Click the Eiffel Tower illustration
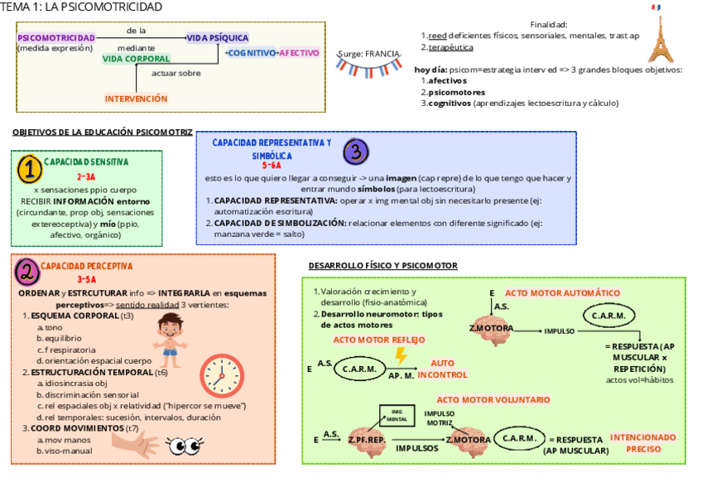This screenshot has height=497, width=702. pyautogui.click(x=659, y=37)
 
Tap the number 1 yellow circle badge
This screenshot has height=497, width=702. pyautogui.click(x=29, y=170)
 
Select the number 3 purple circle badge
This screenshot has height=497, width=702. pyautogui.click(x=355, y=151)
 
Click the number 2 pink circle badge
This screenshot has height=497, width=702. pyautogui.click(x=27, y=271)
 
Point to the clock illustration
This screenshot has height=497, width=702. pyautogui.click(x=222, y=374)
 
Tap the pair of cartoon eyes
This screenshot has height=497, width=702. pyautogui.click(x=185, y=447)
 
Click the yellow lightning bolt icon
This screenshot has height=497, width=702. pyautogui.click(x=401, y=356)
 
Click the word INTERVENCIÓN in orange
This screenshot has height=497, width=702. pyautogui.click(x=136, y=99)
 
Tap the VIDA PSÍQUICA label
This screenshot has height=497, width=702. pyautogui.click(x=218, y=38)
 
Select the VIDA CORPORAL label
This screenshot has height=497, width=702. pyautogui.click(x=136, y=59)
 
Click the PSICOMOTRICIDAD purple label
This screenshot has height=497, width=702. pyautogui.click(x=56, y=38)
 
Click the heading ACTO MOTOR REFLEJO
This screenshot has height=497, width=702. pyautogui.click(x=379, y=340)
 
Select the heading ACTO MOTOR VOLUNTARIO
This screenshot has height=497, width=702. pyautogui.click(x=493, y=399)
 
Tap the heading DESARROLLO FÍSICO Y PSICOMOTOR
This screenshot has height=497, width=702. pyautogui.click(x=382, y=266)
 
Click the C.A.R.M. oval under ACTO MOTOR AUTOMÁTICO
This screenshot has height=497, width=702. pyautogui.click(x=609, y=316)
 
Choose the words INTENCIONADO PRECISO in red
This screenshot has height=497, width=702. pyautogui.click(x=643, y=442)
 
